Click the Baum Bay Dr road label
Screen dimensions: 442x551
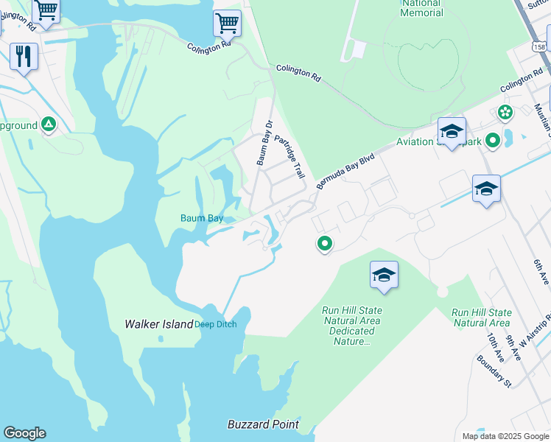coord(264,143)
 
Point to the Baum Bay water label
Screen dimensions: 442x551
coord(202,218)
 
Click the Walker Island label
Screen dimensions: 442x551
coord(158,324)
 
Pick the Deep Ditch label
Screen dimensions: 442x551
coord(216,325)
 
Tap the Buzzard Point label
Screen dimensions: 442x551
coord(263,424)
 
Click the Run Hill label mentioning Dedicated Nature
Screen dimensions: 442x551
coord(351,326)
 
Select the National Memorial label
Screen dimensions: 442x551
coord(422,8)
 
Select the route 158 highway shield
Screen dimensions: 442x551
coord(540,46)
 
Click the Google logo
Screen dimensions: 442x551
coord(24,433)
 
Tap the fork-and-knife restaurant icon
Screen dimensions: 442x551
coord(24,56)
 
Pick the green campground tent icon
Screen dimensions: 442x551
coord(49,124)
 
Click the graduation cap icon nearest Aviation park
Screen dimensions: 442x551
coord(452,132)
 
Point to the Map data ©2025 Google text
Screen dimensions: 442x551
coord(505,436)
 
